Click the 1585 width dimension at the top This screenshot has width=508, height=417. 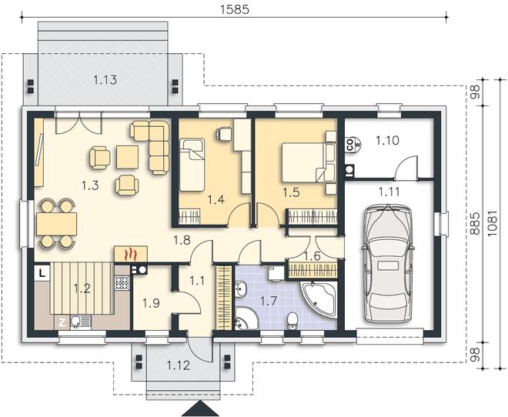point(235,9)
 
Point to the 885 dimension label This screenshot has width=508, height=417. point(475,223)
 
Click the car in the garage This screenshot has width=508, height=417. point(387,263)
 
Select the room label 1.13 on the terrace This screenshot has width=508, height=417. point(105,80)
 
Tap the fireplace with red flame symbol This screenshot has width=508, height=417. point(131,254)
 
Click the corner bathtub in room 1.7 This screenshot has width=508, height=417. point(318,299)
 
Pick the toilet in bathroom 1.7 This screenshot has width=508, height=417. point(292,321)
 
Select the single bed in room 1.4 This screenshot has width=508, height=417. point(192,165)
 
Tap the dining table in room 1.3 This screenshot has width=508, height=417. point(57,224)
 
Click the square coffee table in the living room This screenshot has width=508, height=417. point(127,157)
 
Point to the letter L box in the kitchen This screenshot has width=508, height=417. point(42,273)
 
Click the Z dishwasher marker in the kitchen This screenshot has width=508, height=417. point(62,322)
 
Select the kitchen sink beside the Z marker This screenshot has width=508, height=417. point(80,322)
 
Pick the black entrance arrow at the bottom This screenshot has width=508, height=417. point(201,409)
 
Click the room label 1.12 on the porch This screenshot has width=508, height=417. point(179,365)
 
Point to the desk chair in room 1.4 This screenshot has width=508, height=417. point(224,133)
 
